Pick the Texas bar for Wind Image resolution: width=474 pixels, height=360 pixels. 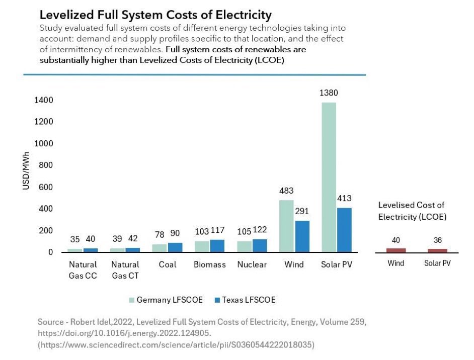tap(302, 236)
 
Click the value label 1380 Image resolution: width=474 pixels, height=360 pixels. tap(329, 93)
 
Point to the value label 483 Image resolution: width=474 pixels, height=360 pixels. tap(286, 191)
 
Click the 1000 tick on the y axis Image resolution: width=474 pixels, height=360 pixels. tap(43, 143)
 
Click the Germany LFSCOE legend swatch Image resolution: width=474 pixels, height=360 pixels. tap(131, 300)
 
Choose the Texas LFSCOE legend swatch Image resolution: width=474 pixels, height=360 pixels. tap(217, 300)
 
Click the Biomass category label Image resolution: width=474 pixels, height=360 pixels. tap(209, 264)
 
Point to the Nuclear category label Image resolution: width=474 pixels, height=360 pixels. tap(252, 264)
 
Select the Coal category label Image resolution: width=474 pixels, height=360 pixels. tap(167, 264)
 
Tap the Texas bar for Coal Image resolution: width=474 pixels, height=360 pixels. tap(175, 247)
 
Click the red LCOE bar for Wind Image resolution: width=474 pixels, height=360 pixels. tap(396, 250)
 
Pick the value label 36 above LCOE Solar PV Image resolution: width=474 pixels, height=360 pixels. tap(438, 240)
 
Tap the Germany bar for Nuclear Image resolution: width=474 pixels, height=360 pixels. tap(244, 246)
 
